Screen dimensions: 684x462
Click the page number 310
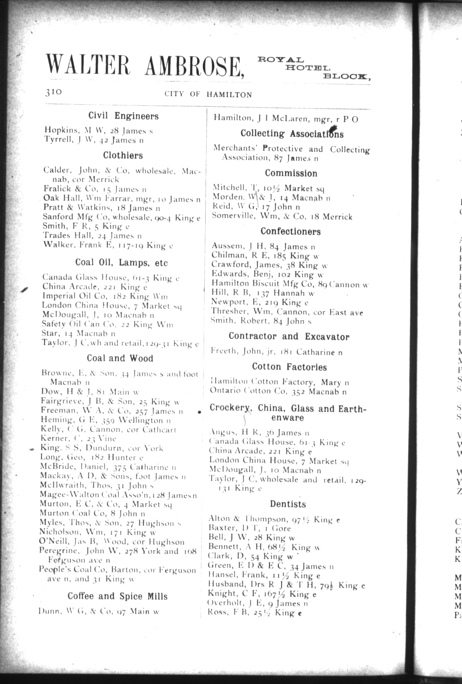[x=54, y=92]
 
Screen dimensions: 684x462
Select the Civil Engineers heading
[x=123, y=116]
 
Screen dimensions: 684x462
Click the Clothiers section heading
[x=123, y=155]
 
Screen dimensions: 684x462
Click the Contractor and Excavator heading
[x=289, y=336]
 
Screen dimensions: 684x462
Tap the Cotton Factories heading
[x=289, y=367]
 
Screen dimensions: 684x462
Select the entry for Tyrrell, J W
[x=94, y=140]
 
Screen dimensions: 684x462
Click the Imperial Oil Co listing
[x=105, y=296]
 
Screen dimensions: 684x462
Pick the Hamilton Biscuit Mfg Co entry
[x=290, y=284]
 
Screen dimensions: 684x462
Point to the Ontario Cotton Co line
[x=278, y=391]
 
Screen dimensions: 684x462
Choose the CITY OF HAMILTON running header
[x=208, y=95]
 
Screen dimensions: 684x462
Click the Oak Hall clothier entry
[x=122, y=199]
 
